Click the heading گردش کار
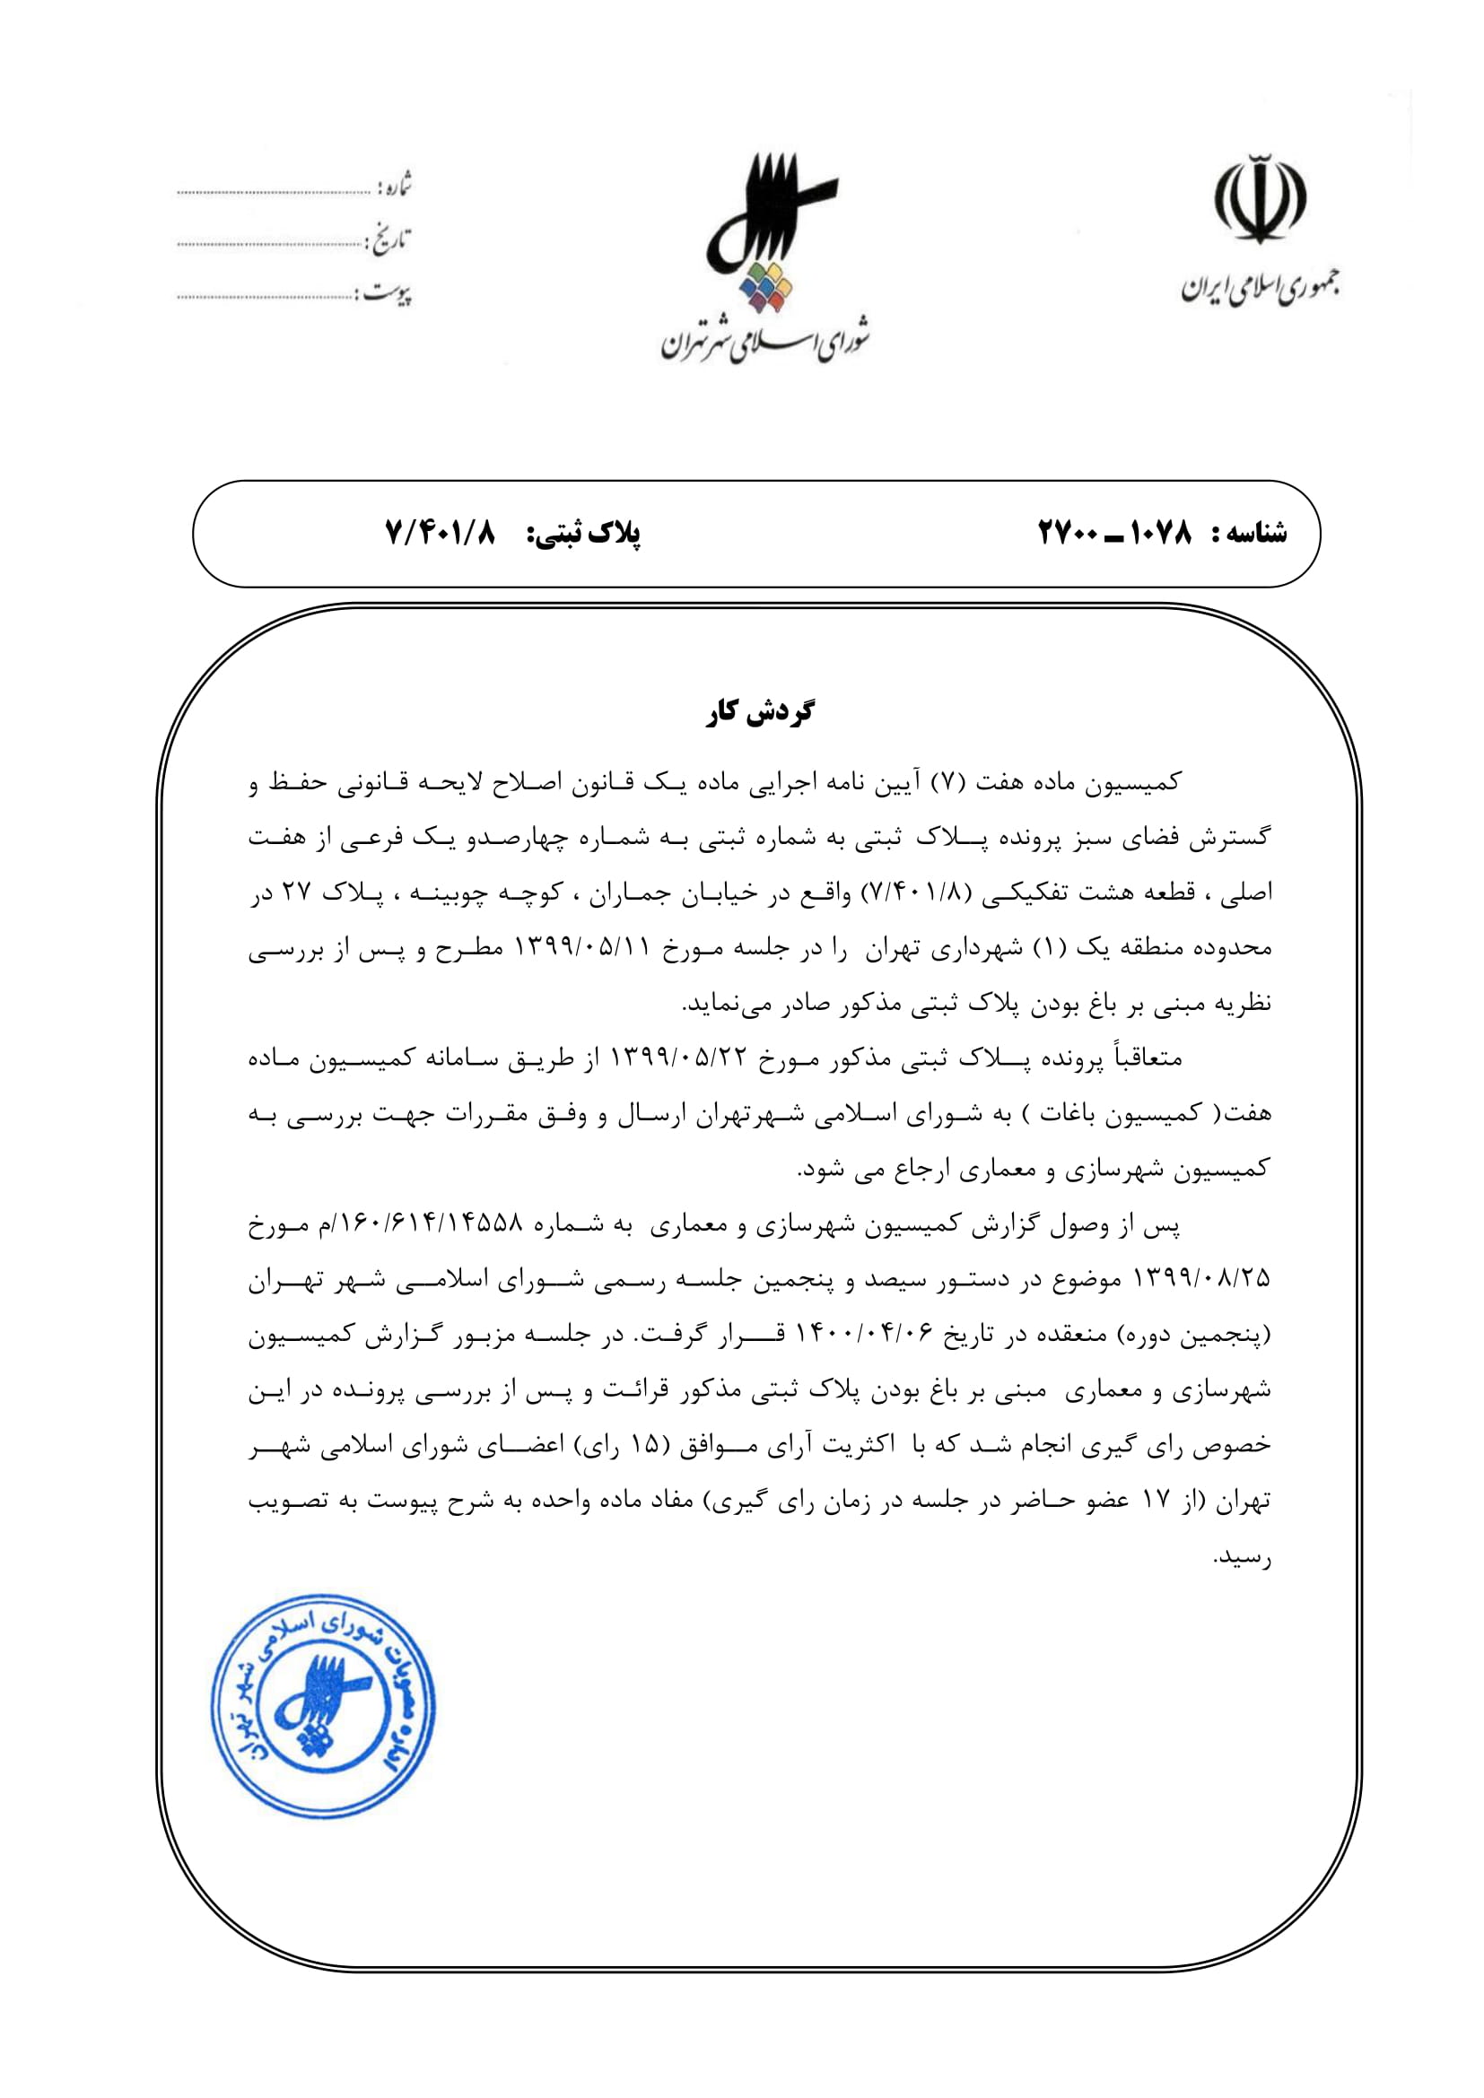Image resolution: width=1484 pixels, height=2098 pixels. coord(759,712)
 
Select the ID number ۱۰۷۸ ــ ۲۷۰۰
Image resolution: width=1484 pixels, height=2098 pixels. coord(1115,532)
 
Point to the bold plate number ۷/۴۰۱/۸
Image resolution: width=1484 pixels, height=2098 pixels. coord(441,532)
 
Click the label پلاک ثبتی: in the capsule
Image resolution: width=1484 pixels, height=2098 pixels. coord(583,534)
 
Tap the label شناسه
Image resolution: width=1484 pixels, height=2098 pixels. coord(1249,533)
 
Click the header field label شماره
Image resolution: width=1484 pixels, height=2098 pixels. coord(393,187)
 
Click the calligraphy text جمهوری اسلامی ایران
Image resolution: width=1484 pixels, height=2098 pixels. coord(1260,288)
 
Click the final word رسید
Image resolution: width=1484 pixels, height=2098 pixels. coord(1241,1557)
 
